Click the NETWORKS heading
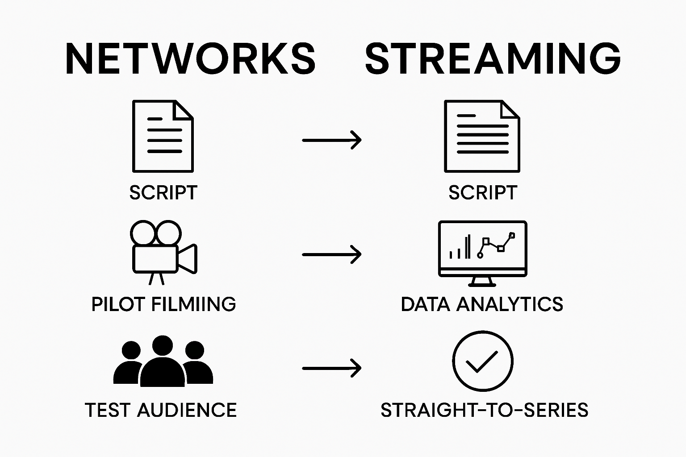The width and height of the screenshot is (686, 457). [x=190, y=59]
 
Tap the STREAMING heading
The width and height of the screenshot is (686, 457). [x=493, y=59]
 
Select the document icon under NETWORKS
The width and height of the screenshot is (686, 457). [x=163, y=136]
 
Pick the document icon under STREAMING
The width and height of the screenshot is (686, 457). [x=482, y=136]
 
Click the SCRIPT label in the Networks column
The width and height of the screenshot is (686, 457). [x=163, y=193]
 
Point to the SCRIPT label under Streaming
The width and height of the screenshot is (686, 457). [x=482, y=193]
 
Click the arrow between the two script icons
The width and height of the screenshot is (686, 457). [x=331, y=140]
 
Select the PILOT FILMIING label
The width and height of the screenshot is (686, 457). [x=163, y=304]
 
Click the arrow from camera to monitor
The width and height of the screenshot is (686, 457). [x=331, y=254]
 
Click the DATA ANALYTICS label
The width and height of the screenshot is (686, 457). [x=482, y=304]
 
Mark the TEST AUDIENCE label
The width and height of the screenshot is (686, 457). [x=161, y=410]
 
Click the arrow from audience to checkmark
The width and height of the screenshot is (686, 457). [x=331, y=368]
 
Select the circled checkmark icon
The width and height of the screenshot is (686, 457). [x=482, y=361]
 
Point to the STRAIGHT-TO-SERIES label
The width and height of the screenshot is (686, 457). [x=484, y=410]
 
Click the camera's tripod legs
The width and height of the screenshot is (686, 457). [x=156, y=279]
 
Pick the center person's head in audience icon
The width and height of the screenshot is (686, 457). [x=163, y=345]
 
